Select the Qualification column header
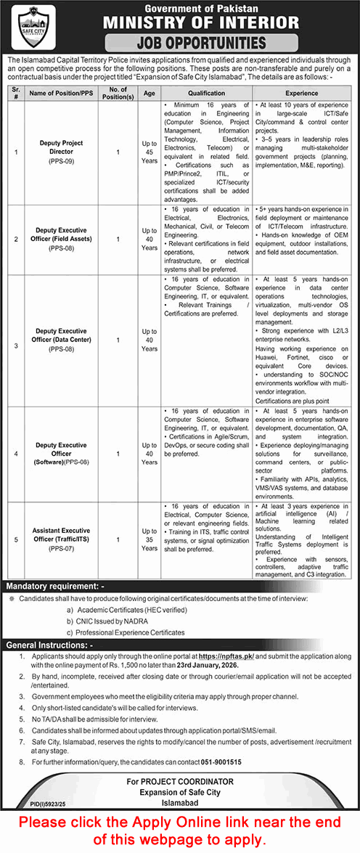(207, 93)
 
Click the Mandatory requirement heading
(55, 585)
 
